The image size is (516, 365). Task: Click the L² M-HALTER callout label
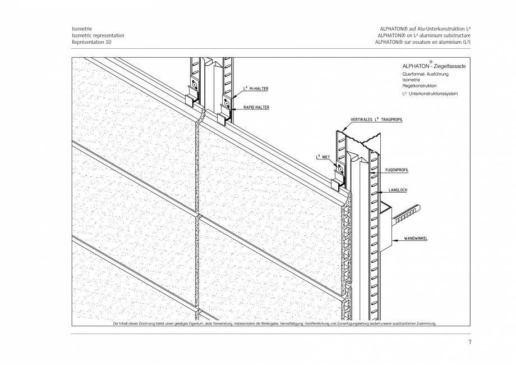(255, 88)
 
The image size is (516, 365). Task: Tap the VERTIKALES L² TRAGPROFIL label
(376, 120)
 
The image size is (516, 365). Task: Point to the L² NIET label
(322, 157)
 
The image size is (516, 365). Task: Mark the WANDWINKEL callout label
(416, 238)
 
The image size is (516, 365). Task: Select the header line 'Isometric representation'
(98, 35)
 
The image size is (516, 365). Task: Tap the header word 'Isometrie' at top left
(82, 29)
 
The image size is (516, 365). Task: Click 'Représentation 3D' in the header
(91, 42)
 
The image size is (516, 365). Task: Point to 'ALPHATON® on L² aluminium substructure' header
(423, 35)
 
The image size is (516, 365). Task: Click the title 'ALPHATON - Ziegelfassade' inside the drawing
(434, 67)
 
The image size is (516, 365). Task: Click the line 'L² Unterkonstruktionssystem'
(430, 94)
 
